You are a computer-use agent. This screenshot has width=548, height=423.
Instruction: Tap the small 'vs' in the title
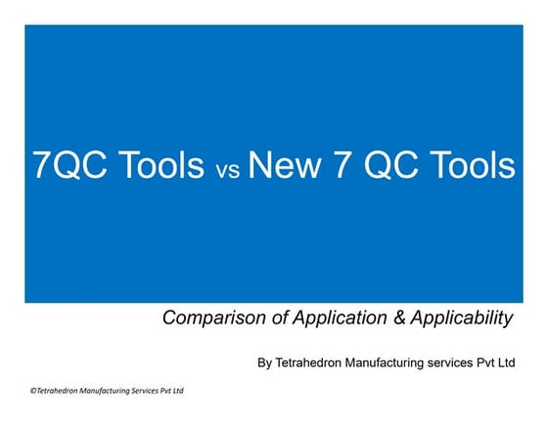[227, 170]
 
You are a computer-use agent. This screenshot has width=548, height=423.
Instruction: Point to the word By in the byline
[264, 362]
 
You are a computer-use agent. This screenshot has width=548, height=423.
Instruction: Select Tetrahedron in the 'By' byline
[311, 362]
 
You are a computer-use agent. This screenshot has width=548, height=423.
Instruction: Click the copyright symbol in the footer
[32, 391]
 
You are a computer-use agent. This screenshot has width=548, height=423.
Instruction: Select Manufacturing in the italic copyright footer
[98, 391]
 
